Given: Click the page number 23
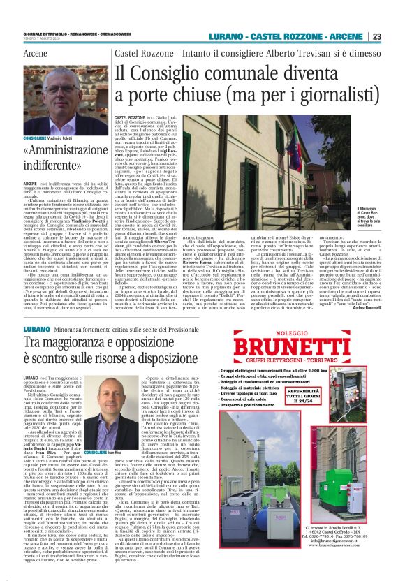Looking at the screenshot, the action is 376,36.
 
